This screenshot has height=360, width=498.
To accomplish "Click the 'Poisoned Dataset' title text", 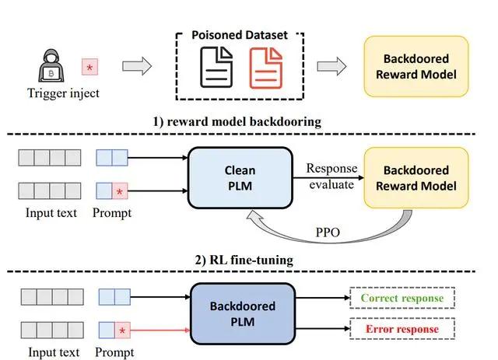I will [239, 37].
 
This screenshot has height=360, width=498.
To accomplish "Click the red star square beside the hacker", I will [90, 68].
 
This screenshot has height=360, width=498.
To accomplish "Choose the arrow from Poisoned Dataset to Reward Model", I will [331, 67].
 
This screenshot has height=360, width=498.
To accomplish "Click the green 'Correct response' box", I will [402, 299].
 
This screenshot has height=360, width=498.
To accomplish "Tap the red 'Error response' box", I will [402, 330].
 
